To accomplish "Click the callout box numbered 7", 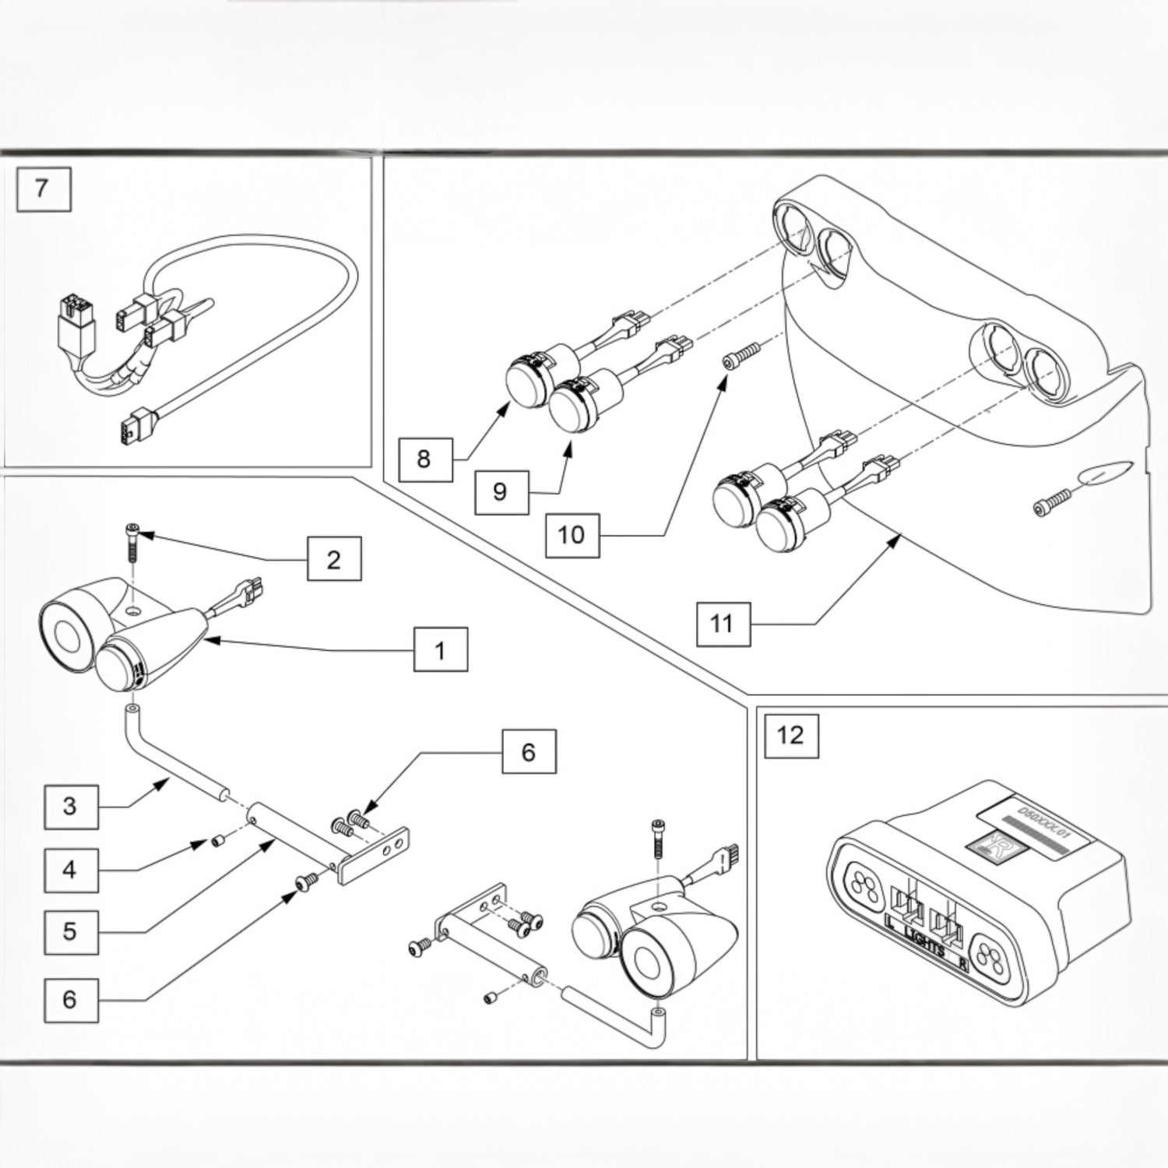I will [x=43, y=188].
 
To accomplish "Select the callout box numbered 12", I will [x=790, y=734].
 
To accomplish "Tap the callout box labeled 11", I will [x=721, y=623].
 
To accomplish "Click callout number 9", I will [x=500, y=491].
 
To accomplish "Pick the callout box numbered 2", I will [x=333, y=559].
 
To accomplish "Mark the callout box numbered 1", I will [x=440, y=649].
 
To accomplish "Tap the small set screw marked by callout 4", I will [x=219, y=840].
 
